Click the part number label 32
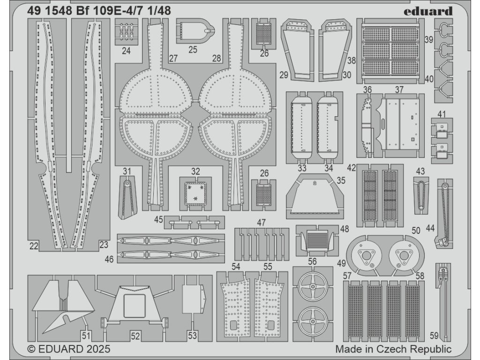(195, 171)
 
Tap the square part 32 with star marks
(195, 193)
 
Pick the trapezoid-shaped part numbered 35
(315, 197)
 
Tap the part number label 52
(135, 336)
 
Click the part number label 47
(262, 222)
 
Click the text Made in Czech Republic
(393, 349)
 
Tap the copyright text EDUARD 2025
(69, 349)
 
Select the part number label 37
(399, 90)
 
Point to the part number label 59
(434, 335)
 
